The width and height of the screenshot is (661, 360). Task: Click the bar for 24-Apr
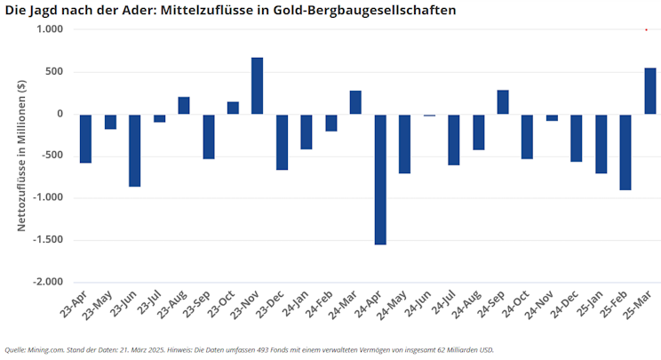pos(380,179)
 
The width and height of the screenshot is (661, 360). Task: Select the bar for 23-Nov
pos(258,85)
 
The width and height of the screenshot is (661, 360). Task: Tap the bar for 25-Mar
pos(650,91)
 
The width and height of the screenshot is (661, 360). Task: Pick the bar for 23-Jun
pos(135,150)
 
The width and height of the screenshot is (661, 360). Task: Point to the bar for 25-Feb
pos(625,152)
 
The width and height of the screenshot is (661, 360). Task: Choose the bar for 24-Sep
pos(503,101)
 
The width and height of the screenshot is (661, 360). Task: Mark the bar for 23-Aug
pos(184,105)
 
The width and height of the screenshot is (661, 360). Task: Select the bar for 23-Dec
pos(282,141)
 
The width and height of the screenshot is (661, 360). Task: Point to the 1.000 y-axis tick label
pos(50,29)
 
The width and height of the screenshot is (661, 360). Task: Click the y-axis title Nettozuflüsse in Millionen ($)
pos(21,156)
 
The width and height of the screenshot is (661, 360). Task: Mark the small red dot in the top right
pos(646,29)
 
